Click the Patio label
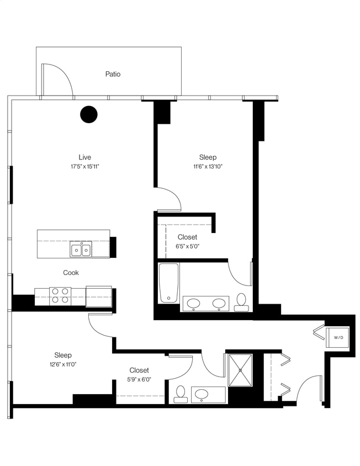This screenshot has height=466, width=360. [x=113, y=74]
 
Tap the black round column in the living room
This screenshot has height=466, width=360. [x=89, y=114]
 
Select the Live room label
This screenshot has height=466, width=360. [x=84, y=157]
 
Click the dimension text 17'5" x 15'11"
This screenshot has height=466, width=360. [x=84, y=166]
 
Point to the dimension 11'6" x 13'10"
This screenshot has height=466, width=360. [x=208, y=166]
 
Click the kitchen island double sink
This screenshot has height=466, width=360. [x=81, y=250]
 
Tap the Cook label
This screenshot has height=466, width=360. [x=71, y=272]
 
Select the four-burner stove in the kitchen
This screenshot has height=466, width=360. [x=60, y=295]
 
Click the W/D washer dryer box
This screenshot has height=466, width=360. [x=337, y=337]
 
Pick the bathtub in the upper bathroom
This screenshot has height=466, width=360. [x=168, y=283]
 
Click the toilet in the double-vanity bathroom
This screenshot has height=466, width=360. [x=241, y=301]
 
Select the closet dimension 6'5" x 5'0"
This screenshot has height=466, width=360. [x=187, y=246]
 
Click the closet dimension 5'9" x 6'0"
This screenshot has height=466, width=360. [x=140, y=379]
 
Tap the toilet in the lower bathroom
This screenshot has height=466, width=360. [x=180, y=394]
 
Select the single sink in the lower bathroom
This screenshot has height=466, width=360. [x=202, y=395]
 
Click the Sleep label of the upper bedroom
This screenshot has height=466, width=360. [x=208, y=157]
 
